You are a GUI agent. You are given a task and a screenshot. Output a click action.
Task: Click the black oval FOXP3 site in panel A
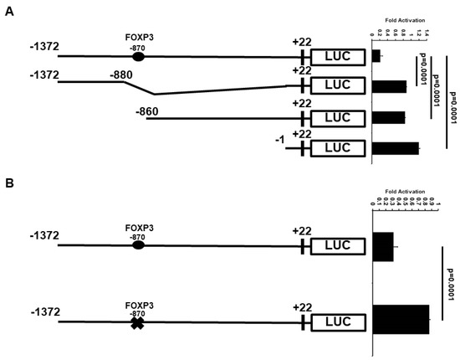click(x=138, y=57)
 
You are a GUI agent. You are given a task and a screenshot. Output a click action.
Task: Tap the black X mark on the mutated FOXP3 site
click(x=138, y=321)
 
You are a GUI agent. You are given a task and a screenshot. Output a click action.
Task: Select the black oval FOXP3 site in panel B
click(x=138, y=246)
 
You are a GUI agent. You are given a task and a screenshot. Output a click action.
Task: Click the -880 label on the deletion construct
click(x=124, y=75)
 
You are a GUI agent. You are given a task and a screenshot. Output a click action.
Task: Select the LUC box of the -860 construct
click(x=338, y=118)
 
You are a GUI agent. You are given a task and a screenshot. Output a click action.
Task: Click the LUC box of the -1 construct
click(x=338, y=148)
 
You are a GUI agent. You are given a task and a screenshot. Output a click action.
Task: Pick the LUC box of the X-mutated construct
click(x=338, y=321)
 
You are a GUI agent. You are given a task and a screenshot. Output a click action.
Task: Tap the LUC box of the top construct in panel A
click(x=338, y=57)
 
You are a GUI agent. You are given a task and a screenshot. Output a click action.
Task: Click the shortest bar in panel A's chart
click(x=376, y=56)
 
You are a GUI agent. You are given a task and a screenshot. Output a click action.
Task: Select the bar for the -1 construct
click(x=395, y=148)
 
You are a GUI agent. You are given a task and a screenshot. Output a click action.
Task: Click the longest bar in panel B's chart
click(x=401, y=319)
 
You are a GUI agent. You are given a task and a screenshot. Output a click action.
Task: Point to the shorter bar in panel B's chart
click(x=383, y=246)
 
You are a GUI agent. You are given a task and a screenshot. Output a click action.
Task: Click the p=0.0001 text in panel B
click(x=449, y=285)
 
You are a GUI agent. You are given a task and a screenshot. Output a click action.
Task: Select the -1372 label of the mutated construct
click(x=43, y=311)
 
